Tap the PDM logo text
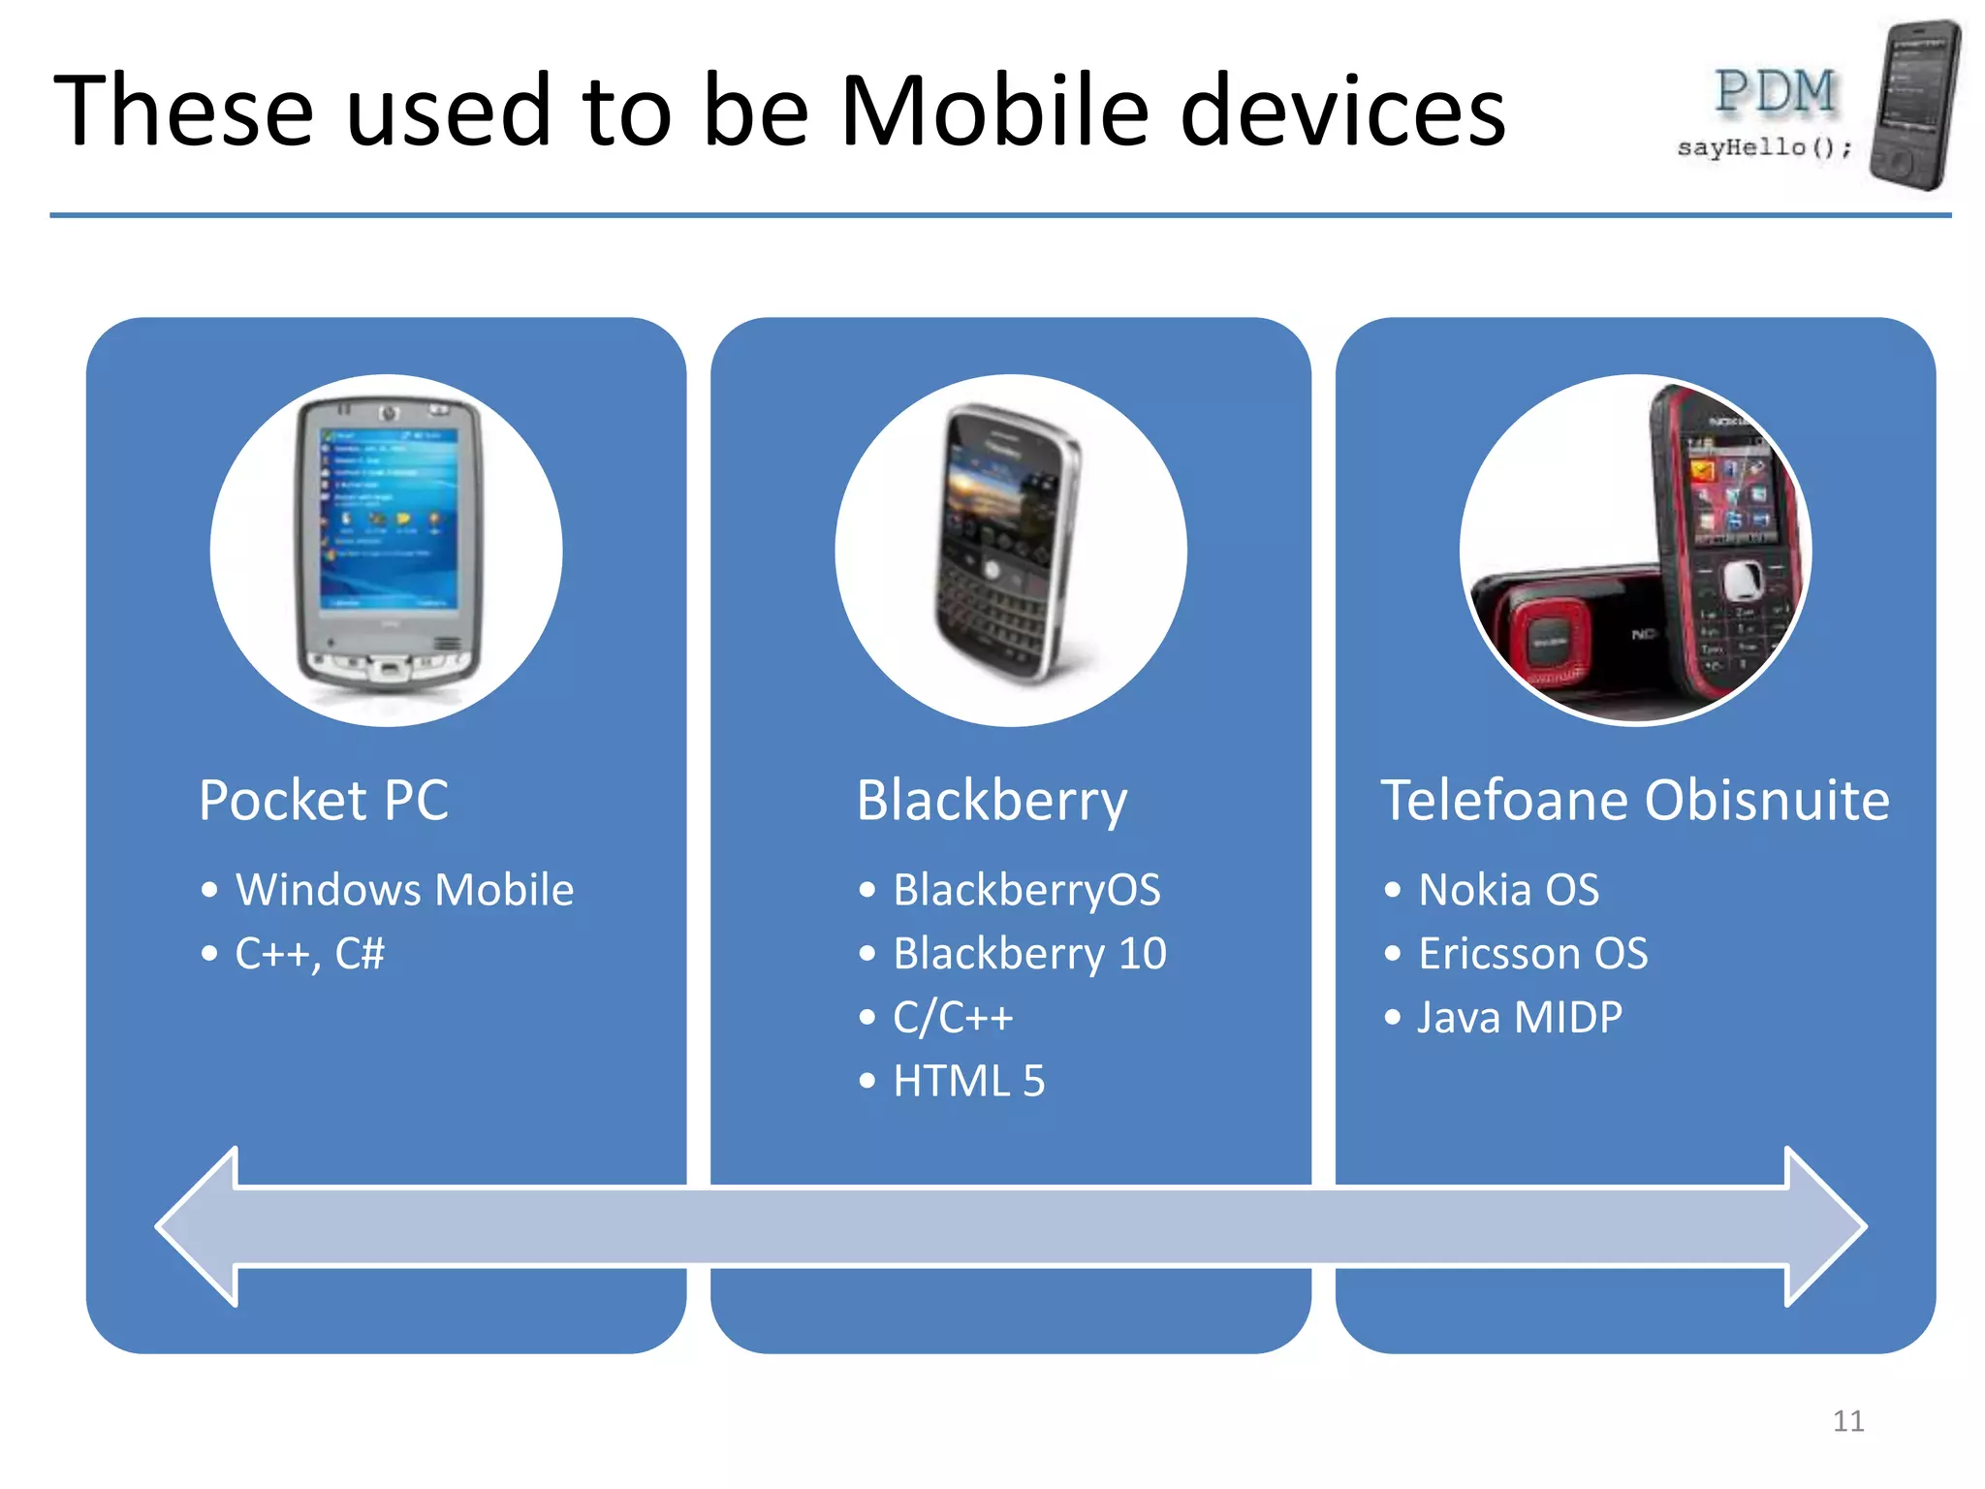(1775, 93)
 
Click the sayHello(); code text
(1764, 147)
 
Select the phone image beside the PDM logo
(1914, 105)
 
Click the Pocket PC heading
(324, 801)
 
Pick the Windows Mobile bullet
(404, 890)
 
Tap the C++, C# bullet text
(309, 954)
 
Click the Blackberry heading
(992, 801)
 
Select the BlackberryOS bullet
(1026, 890)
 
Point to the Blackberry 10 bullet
(1029, 954)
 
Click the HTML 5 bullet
(968, 1081)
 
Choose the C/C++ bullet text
(953, 1018)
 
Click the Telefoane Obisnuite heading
(1634, 801)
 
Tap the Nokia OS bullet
(1508, 890)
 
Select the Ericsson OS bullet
(1532, 954)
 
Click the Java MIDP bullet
(1519, 1018)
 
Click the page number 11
(1848, 1421)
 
